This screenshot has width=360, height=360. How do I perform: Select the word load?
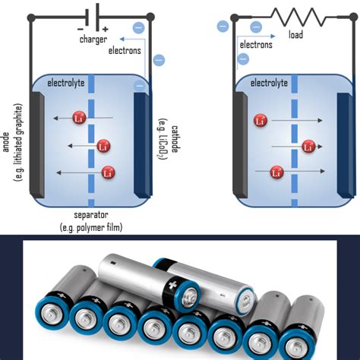click(296, 35)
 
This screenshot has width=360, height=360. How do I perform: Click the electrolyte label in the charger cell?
click(67, 82)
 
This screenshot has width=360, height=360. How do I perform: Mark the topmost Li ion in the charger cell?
click(79, 118)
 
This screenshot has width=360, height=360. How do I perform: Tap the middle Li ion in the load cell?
click(308, 146)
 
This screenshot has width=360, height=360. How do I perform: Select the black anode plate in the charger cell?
click(36, 142)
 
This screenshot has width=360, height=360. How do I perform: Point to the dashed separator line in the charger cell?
click(90, 144)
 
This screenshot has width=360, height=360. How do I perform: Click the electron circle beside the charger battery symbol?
click(137, 28)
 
